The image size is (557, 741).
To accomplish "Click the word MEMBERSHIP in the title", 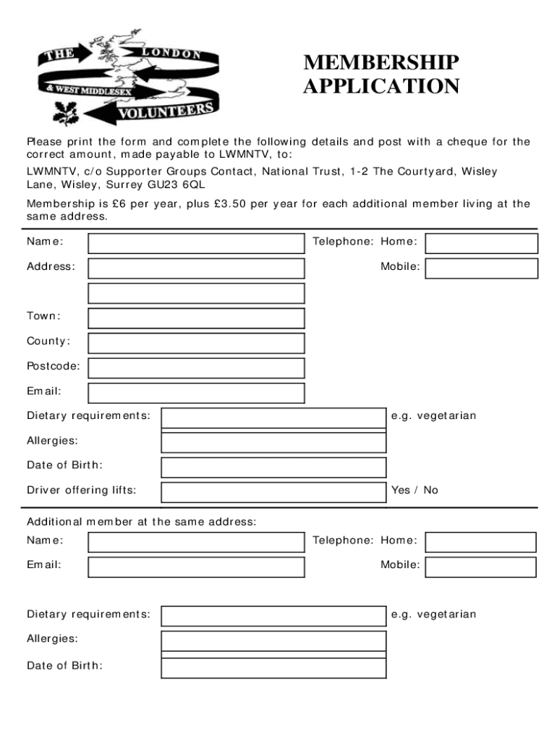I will (380, 63).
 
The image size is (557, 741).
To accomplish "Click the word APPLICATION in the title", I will (380, 87).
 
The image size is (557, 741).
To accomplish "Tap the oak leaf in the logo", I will (67, 112).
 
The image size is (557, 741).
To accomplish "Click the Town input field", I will (196, 318).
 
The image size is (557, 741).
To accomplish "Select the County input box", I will (196, 343).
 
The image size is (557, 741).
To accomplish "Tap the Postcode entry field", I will (196, 368).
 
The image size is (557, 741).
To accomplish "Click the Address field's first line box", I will (196, 268).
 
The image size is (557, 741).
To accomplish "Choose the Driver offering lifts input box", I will (273, 492).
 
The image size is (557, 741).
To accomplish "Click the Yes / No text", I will (414, 490).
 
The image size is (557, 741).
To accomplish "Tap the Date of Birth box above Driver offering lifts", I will (273, 467).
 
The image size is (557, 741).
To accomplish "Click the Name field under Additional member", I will (196, 542).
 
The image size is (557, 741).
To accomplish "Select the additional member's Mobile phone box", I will (480, 567).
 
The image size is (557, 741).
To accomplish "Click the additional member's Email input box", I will (196, 567).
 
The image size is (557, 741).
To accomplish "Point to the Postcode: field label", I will (54, 366).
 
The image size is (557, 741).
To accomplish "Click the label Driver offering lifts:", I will (81, 490).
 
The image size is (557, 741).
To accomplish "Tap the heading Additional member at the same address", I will (141, 521).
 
